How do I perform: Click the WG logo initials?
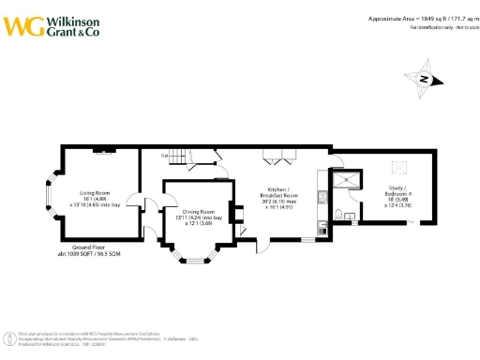point(21,25)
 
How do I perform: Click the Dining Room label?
point(199,214)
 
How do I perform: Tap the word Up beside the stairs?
point(164,155)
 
